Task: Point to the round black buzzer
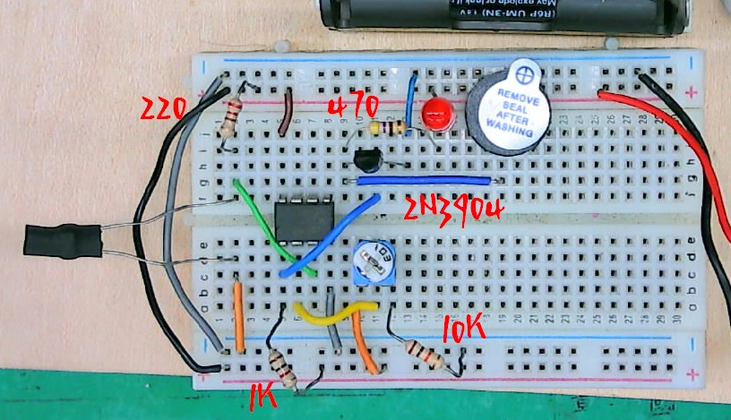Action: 506,108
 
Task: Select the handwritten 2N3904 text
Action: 454,210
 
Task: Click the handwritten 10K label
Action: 464,330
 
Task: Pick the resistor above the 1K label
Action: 282,366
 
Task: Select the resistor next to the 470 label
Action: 386,129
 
